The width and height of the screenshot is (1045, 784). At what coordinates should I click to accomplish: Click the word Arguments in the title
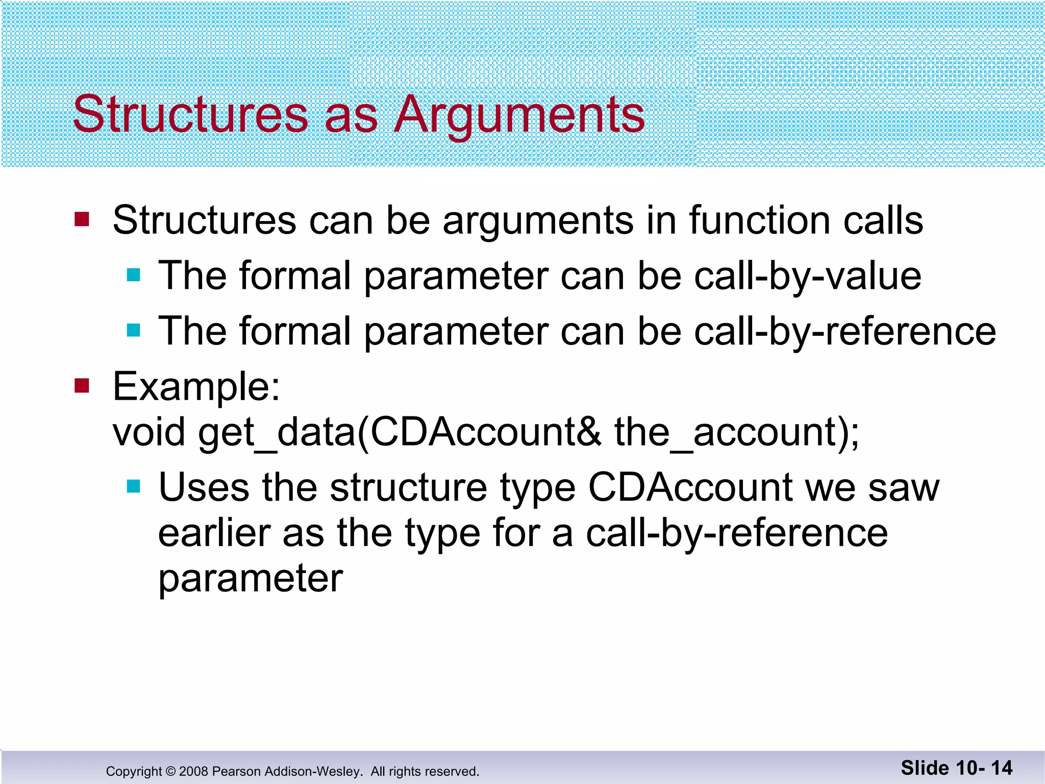point(519,115)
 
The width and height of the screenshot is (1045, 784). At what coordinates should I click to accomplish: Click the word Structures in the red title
point(190,114)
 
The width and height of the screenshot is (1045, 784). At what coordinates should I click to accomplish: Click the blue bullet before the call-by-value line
point(134,276)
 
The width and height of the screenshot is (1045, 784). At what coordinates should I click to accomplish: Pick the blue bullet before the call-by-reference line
point(134,331)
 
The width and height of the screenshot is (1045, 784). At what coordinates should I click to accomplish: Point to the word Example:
point(196,386)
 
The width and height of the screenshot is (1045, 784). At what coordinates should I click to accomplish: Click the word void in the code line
point(148,432)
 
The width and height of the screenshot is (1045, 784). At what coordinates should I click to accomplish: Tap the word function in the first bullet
point(760,220)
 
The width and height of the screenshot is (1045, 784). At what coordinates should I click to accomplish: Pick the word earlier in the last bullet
point(214,533)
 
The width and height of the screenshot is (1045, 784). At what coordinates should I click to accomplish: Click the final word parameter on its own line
point(251,579)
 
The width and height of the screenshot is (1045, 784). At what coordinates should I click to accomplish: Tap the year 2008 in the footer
point(193,771)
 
